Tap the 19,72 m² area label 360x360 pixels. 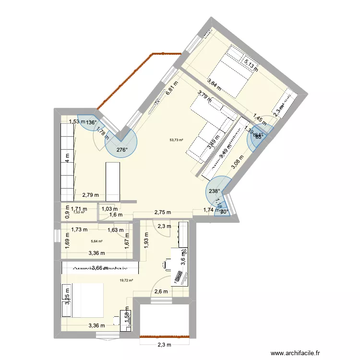tap(126, 281)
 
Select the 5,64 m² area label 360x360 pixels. tap(97, 242)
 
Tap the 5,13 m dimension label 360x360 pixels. tap(250, 63)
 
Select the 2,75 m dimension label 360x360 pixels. tap(162, 212)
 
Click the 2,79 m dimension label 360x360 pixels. tap(90, 195)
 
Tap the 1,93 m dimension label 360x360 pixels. tap(146, 238)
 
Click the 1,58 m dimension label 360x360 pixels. tap(127, 316)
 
